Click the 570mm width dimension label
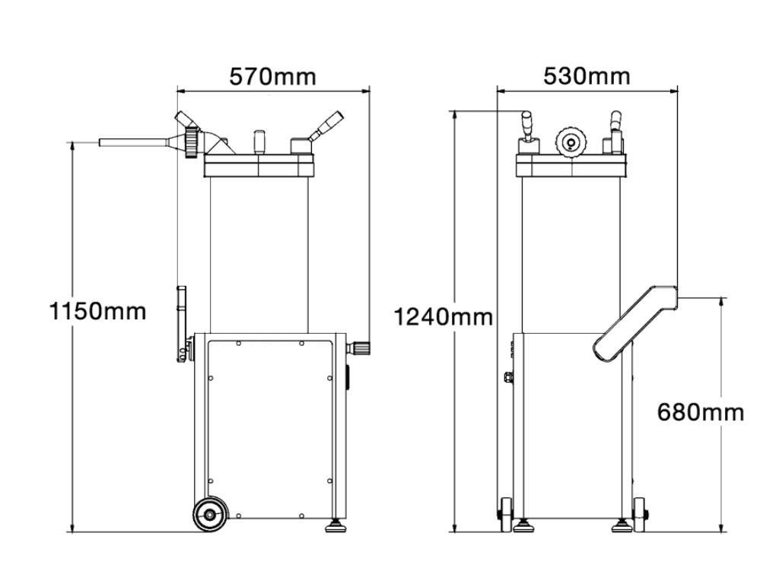click(x=272, y=77)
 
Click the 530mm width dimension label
click(x=587, y=76)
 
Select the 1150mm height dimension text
click(x=97, y=311)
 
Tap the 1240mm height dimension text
click(x=444, y=316)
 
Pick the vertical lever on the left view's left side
click(x=182, y=319)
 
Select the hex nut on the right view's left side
click(x=508, y=376)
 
